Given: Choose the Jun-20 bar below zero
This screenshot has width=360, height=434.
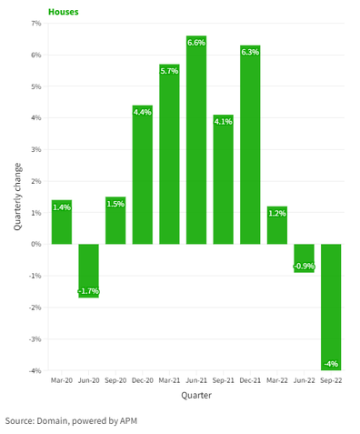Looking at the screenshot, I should [x=88, y=270].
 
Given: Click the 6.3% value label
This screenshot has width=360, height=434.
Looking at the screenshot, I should [x=250, y=52].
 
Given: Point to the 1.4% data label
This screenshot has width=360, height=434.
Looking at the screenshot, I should [x=61, y=207].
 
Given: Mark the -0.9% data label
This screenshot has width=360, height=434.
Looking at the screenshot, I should [x=304, y=266].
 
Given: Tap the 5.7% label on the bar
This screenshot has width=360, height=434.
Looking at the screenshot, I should [x=169, y=71].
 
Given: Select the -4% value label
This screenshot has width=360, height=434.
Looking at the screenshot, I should [x=331, y=364].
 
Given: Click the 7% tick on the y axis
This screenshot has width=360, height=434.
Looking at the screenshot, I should [x=35, y=24].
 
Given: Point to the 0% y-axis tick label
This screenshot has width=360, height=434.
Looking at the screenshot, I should [x=35, y=244].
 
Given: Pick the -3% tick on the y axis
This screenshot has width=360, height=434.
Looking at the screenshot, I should [x=35, y=338].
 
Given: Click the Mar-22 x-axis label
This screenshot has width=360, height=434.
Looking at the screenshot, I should [x=277, y=381].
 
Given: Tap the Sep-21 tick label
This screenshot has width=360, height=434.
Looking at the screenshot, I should [x=223, y=381].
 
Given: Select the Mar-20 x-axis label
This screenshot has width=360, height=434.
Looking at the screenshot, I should [x=61, y=381].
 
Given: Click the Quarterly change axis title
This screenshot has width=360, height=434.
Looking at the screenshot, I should [x=17, y=197].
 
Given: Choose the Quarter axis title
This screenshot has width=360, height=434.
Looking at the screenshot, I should [x=196, y=396].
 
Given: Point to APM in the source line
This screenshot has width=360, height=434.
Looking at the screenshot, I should [x=135, y=421].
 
